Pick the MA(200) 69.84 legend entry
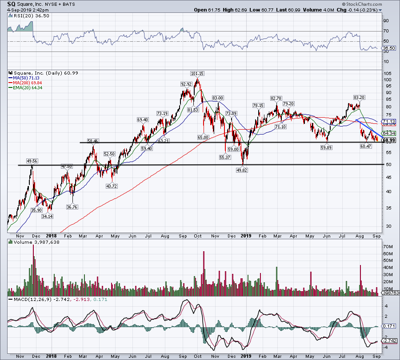[27, 83]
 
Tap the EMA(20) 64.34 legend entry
[27, 87]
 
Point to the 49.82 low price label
[242, 170]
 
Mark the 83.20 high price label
[359, 97]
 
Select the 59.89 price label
[327, 148]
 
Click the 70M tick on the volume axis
[388, 246]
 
